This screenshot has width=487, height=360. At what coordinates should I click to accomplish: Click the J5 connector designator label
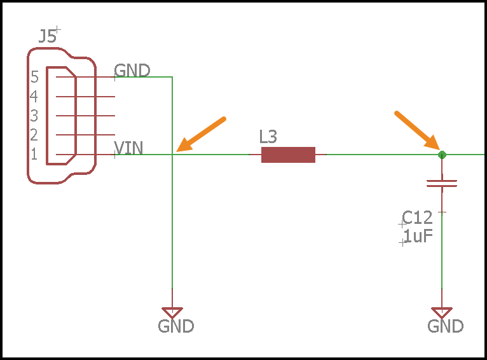(47, 36)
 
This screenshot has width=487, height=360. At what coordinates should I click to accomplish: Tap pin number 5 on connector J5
(34, 78)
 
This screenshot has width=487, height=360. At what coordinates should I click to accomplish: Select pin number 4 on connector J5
(34, 97)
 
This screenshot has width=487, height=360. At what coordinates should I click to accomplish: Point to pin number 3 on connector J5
(34, 116)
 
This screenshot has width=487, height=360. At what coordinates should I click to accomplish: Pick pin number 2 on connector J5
(34, 135)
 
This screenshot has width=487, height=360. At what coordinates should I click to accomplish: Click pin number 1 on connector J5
(34, 154)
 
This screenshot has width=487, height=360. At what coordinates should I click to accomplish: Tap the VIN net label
(129, 148)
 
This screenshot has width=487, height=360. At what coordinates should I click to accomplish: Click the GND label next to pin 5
(132, 70)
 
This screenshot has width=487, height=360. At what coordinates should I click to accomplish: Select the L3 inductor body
(288, 155)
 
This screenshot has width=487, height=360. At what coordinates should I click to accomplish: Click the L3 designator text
(268, 136)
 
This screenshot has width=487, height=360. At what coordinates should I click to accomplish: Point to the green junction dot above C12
(442, 155)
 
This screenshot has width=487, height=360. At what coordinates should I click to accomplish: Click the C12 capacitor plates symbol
(442, 184)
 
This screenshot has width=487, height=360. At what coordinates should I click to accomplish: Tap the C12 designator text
(418, 218)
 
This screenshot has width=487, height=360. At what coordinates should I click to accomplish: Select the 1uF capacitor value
(418, 237)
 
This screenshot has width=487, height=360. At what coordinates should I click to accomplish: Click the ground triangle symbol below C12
(442, 312)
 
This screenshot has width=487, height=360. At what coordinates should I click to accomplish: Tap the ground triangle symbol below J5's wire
(172, 312)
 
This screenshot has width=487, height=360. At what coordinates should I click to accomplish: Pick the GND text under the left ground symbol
(176, 327)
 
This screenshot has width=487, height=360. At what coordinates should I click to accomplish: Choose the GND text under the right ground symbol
(446, 327)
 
